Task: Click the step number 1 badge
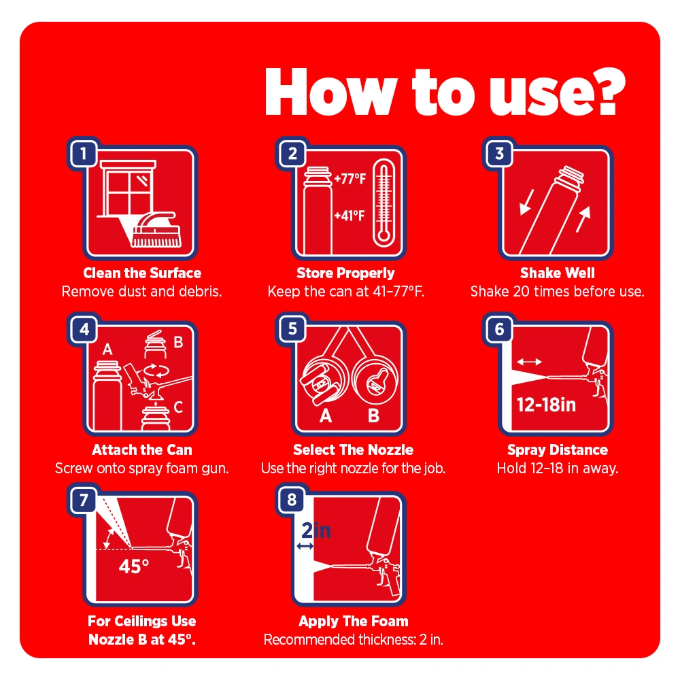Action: (83, 153)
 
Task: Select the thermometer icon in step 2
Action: (384, 203)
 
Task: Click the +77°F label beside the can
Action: (350, 179)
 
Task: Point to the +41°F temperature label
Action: (349, 216)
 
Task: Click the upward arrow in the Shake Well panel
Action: (583, 219)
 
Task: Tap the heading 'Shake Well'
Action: (558, 273)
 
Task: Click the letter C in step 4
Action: (178, 407)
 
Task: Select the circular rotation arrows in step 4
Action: (156, 371)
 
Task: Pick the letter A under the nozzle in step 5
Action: (326, 416)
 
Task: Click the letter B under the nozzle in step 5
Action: (373, 416)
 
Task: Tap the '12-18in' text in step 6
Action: (546, 405)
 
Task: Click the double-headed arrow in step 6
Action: (529, 362)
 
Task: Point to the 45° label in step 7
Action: (134, 566)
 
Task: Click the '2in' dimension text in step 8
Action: (316, 530)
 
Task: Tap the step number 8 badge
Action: (292, 500)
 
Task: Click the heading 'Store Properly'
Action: (345, 273)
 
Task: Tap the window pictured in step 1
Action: (128, 188)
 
